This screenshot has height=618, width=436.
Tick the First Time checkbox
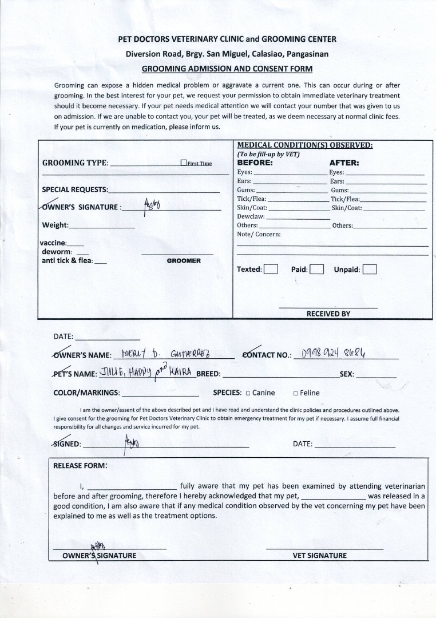(x=184, y=163)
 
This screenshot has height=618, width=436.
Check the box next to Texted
(x=271, y=269)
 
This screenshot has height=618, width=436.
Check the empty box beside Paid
(x=317, y=269)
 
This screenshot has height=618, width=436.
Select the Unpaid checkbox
(x=370, y=269)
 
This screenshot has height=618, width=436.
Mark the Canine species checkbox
(x=248, y=393)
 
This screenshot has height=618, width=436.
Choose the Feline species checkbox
(x=295, y=393)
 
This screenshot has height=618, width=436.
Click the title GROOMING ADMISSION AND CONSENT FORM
(x=227, y=69)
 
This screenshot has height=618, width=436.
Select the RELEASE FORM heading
(x=80, y=465)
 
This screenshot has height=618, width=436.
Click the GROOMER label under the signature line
(x=184, y=261)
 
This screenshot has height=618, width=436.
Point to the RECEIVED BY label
(x=328, y=314)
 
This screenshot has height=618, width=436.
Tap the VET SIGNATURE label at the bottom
(x=319, y=555)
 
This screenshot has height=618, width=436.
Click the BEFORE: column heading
(x=255, y=163)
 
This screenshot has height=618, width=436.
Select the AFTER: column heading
(x=344, y=163)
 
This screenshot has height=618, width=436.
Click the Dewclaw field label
(x=251, y=217)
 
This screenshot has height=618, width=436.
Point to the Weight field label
(x=55, y=225)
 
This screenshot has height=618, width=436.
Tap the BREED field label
(x=209, y=374)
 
